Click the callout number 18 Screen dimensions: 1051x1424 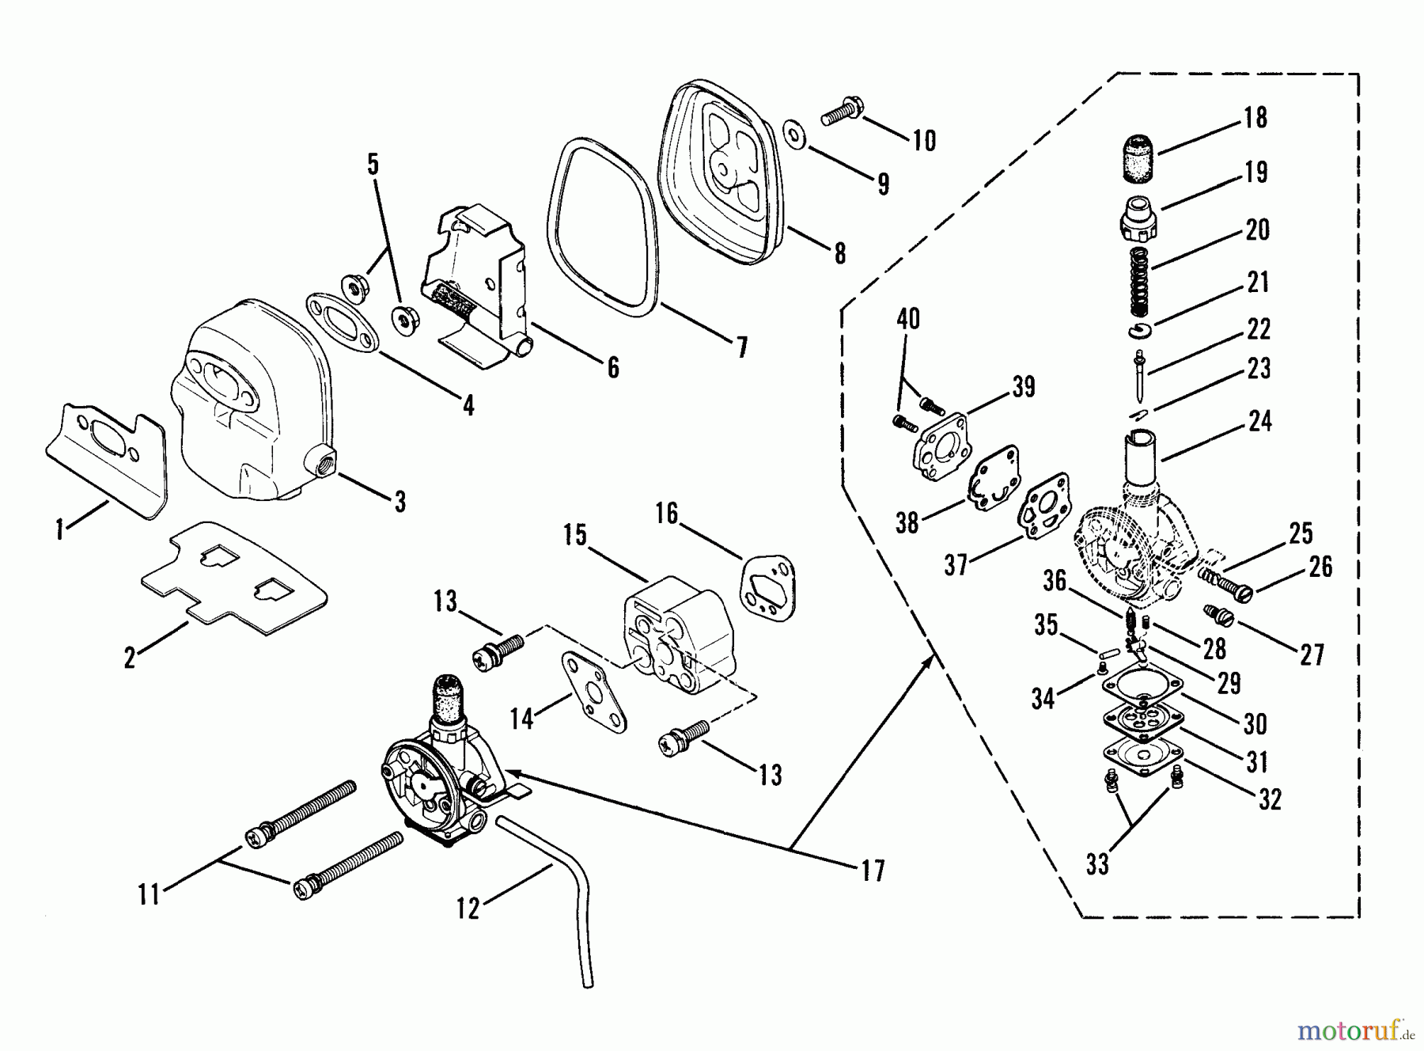coord(1255,118)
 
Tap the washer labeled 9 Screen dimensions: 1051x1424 coord(794,135)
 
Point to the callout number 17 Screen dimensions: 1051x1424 coord(873,871)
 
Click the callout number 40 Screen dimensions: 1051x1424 coord(908,319)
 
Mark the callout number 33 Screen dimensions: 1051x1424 coord(1097,865)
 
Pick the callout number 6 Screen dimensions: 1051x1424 coord(613,367)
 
